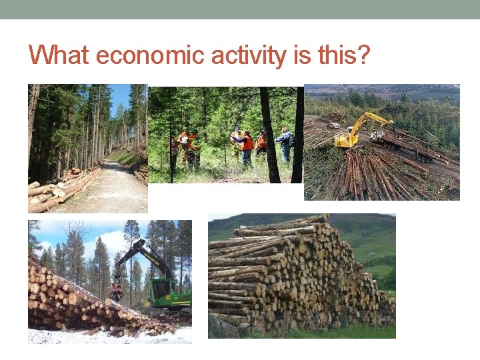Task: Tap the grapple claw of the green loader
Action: pos(117,290)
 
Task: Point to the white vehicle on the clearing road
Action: pos(334,125)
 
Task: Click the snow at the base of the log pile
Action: pos(100,335)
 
